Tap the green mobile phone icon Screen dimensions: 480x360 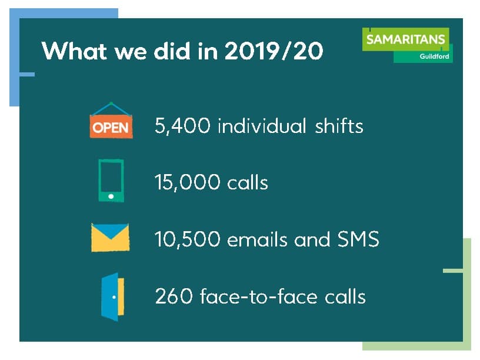tap(111, 181)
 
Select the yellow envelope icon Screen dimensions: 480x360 tap(110, 238)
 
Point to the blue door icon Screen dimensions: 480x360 tap(113, 297)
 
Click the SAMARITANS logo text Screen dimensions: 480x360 tap(406, 39)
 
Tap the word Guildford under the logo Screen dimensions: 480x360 tap(434, 56)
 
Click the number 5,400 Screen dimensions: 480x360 tap(182, 126)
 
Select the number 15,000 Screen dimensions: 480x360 tap(187, 182)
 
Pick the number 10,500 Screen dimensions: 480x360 tap(187, 239)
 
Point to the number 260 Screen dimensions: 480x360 tap(174, 296)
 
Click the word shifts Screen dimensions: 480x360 tap(339, 125)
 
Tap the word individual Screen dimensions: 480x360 tap(262, 125)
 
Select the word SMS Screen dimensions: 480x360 tap(358, 239)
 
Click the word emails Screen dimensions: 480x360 tap(257, 239)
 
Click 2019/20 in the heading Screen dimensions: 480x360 tap(274, 51)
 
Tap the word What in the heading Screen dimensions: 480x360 tap(74, 51)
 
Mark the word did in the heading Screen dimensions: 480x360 tap(172, 51)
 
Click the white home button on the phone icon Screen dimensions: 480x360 tap(111, 196)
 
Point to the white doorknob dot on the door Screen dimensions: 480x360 tap(114, 297)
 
